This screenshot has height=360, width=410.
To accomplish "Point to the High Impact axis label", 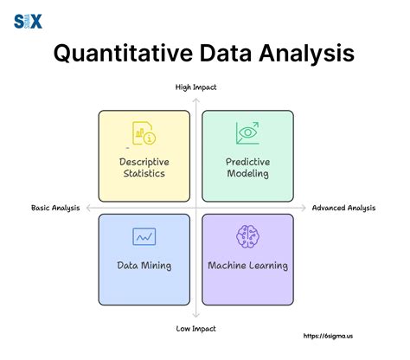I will [x=196, y=87].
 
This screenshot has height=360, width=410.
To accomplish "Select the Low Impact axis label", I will [x=196, y=329].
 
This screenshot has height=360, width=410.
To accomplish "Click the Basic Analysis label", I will [x=55, y=208].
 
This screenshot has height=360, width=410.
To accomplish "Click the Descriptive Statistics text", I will [x=144, y=167].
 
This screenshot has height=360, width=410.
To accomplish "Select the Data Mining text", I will [x=144, y=265].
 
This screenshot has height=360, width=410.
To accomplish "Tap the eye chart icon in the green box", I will [x=247, y=132].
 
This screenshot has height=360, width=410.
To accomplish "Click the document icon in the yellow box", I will [x=144, y=132].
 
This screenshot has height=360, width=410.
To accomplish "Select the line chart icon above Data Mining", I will [x=144, y=236].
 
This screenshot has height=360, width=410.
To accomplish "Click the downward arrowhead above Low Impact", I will [x=197, y=318].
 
